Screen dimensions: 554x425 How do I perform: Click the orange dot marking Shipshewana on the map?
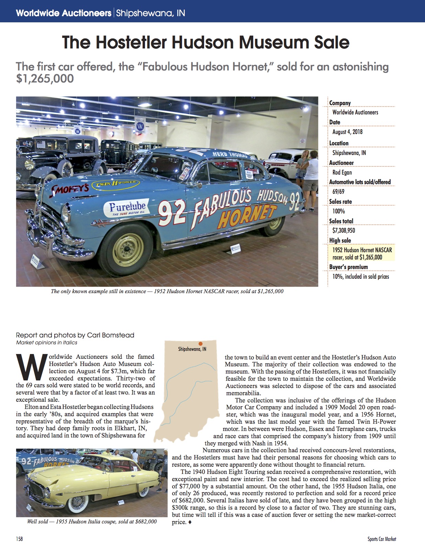click(200, 343)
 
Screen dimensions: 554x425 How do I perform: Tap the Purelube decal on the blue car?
click(127, 208)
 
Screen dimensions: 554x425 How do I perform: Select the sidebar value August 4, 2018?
click(347, 132)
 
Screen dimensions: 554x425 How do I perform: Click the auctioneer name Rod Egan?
click(342, 172)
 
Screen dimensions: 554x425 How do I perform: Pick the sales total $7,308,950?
click(344, 231)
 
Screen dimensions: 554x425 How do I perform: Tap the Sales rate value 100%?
click(338, 211)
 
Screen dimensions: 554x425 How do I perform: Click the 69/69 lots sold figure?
click(338, 191)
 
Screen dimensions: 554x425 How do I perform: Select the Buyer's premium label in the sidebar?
click(348, 267)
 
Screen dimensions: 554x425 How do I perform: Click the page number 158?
click(19, 539)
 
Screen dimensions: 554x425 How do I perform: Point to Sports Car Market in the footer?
click(382, 539)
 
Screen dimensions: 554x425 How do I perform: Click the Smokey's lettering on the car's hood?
click(70, 188)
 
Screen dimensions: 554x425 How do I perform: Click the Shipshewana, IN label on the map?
click(192, 349)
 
